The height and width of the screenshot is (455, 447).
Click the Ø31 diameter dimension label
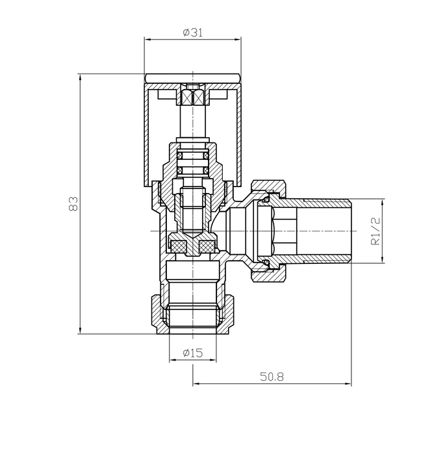tap(193, 33)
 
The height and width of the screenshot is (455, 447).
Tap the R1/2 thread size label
tap(375, 231)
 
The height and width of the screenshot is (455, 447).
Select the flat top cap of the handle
tap(193, 79)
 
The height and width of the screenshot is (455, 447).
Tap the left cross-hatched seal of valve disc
tap(177, 247)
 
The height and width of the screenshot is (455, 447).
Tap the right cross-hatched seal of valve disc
tap(208, 247)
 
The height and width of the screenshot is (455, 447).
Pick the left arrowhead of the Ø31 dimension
tap(147, 40)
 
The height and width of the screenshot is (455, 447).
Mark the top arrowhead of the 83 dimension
tap(80, 77)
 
